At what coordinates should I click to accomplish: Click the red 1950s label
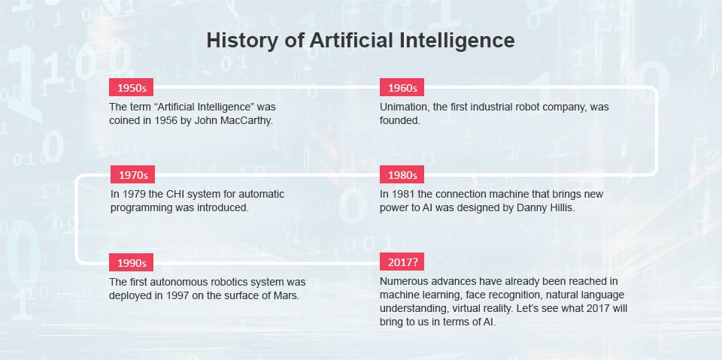point(132,88)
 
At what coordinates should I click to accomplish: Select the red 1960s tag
point(402,88)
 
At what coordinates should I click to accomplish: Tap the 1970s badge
point(133,175)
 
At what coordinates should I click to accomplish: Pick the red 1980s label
point(402,175)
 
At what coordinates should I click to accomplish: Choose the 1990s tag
point(133,263)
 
